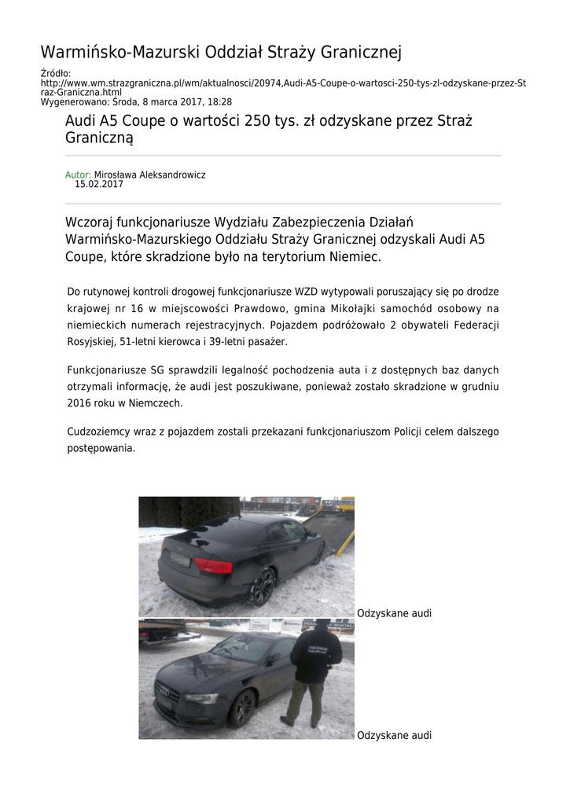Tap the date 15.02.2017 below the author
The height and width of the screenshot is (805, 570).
tap(99, 185)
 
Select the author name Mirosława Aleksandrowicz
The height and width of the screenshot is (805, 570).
tap(149, 175)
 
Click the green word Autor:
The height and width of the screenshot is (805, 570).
tap(78, 175)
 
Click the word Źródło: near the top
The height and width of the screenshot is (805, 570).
tap(56, 73)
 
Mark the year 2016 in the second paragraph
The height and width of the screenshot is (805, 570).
tap(79, 402)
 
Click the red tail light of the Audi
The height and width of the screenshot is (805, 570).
tap(213, 564)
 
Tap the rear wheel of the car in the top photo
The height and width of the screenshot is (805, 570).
tap(262, 586)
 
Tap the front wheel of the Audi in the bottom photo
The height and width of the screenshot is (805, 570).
tap(242, 708)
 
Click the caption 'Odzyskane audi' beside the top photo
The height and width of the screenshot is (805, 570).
tap(394, 613)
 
